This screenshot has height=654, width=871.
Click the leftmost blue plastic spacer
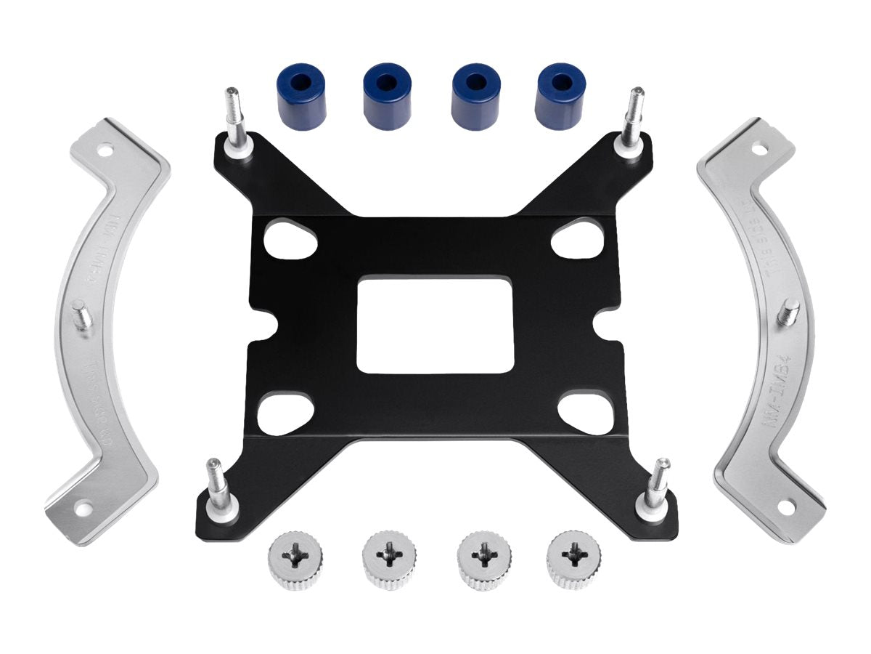300,96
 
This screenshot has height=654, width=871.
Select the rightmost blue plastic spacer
560,96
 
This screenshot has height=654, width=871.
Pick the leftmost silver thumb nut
296,560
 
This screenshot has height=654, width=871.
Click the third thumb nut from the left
481,560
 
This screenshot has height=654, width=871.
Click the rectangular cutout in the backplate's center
435,324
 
